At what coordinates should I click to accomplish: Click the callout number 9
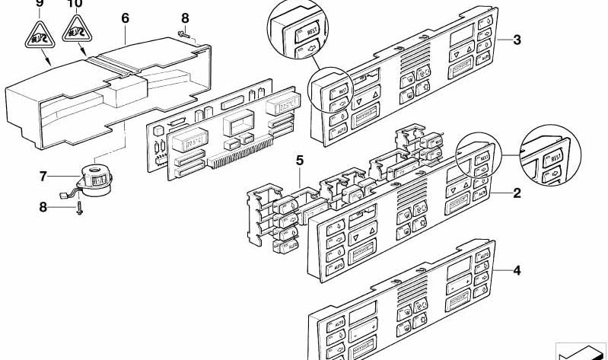pos(40,4)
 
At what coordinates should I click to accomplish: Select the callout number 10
pos(74,4)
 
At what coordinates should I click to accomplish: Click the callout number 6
pos(125,18)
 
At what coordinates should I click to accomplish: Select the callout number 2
pos(517,193)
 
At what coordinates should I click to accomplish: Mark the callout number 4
pos(517,268)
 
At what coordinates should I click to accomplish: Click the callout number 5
pos(300,161)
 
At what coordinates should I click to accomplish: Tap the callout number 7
pos(43,177)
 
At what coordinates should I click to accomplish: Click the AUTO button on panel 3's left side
pos(336,134)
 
